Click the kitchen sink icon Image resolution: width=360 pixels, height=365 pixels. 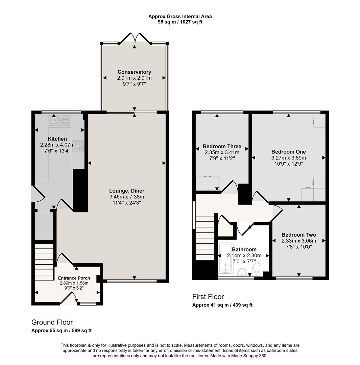[x=59, y=120]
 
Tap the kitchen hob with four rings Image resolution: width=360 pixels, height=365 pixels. [x=77, y=146]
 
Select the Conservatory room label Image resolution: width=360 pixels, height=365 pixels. [x=134, y=72]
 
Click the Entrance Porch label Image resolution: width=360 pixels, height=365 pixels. [x=74, y=278]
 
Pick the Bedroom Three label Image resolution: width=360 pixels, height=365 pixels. [x=222, y=146]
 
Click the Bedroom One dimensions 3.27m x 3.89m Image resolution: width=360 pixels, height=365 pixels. [x=288, y=158]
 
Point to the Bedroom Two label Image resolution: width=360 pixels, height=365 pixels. [x=298, y=235]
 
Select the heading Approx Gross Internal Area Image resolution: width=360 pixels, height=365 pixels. [x=180, y=16]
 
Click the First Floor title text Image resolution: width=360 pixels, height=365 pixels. [x=208, y=297]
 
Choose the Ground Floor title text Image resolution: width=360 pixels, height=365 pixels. [x=52, y=322]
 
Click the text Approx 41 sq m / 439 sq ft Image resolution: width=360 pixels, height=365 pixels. [x=222, y=305]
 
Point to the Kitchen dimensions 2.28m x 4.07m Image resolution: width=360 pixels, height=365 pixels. [x=57, y=145]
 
